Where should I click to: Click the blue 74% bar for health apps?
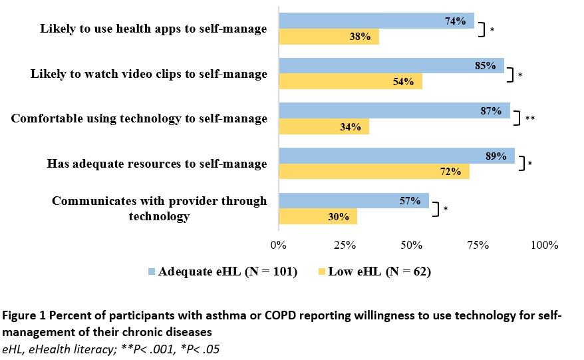[376, 21]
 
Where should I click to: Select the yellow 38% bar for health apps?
[329, 37]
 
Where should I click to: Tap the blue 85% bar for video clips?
[391, 66]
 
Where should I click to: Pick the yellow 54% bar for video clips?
[350, 82]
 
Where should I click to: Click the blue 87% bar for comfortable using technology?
[394, 111]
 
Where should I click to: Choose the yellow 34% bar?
[323, 126]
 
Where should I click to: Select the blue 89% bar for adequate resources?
[396, 156]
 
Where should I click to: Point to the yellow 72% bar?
[374, 172]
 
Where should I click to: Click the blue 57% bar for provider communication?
[354, 201]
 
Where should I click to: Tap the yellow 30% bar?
[318, 217]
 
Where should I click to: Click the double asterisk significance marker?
[530, 119]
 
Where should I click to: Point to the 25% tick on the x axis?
[345, 246]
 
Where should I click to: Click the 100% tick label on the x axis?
[545, 246]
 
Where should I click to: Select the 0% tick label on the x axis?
[279, 246]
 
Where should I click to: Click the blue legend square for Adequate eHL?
[150, 271]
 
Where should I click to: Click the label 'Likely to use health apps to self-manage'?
[154, 29]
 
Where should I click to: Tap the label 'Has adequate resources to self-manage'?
[157, 164]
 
